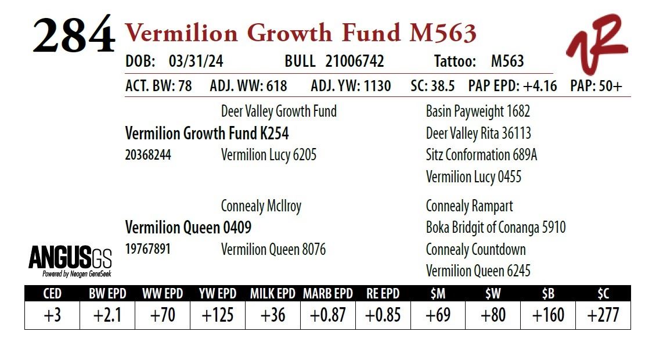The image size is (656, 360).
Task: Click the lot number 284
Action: (x=73, y=36)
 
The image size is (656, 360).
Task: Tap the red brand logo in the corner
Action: (x=597, y=44)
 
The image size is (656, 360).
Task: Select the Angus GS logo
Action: (x=70, y=259)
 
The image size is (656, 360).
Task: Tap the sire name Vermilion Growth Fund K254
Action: (x=207, y=134)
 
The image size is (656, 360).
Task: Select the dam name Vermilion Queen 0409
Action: (x=188, y=228)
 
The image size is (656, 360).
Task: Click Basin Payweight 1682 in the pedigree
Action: (x=478, y=111)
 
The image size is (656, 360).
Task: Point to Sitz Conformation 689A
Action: (x=481, y=155)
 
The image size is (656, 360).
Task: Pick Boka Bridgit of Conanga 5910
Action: (x=495, y=228)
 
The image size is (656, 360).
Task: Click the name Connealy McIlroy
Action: (x=261, y=206)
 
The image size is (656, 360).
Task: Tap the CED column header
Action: (x=52, y=293)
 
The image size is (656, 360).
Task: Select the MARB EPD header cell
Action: (x=327, y=293)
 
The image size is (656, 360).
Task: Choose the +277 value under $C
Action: (x=603, y=315)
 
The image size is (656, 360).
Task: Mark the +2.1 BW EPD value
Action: (x=107, y=315)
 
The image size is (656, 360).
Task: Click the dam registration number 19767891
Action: (x=147, y=249)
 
